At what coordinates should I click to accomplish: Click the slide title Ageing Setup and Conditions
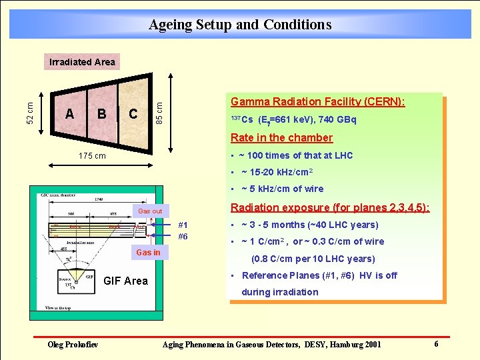click(240, 25)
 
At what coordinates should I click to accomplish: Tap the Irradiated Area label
click(82, 62)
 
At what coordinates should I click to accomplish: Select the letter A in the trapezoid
click(70, 113)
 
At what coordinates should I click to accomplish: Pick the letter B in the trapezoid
click(102, 113)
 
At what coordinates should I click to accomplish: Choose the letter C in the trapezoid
click(133, 113)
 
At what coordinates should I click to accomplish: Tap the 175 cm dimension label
click(92, 156)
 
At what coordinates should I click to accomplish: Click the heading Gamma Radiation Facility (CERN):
click(317, 102)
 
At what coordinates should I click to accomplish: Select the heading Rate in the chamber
click(281, 138)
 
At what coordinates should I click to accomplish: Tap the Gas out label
click(150, 211)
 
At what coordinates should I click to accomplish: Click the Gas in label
click(148, 253)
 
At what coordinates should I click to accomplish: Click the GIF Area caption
click(125, 281)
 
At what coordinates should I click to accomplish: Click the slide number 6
click(436, 344)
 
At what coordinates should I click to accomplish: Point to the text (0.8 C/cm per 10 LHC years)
click(313, 259)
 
